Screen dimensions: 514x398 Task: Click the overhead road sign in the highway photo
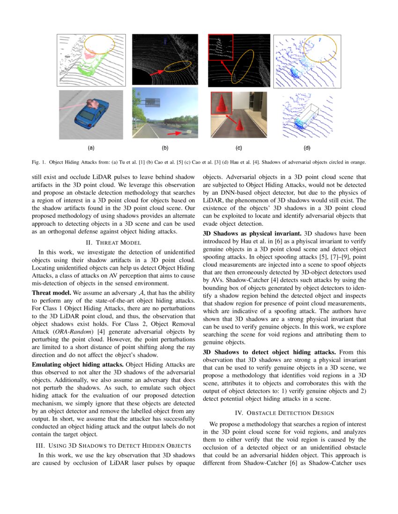[x=152, y=101]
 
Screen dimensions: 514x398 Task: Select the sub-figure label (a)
[x=91, y=148]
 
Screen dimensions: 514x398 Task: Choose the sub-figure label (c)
[x=238, y=148]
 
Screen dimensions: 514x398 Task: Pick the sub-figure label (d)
[x=307, y=148]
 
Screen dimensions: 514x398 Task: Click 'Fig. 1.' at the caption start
[x=39, y=162]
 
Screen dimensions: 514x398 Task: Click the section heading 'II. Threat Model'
[x=112, y=242]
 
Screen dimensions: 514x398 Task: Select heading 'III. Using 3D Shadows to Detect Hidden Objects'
[x=112, y=445]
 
